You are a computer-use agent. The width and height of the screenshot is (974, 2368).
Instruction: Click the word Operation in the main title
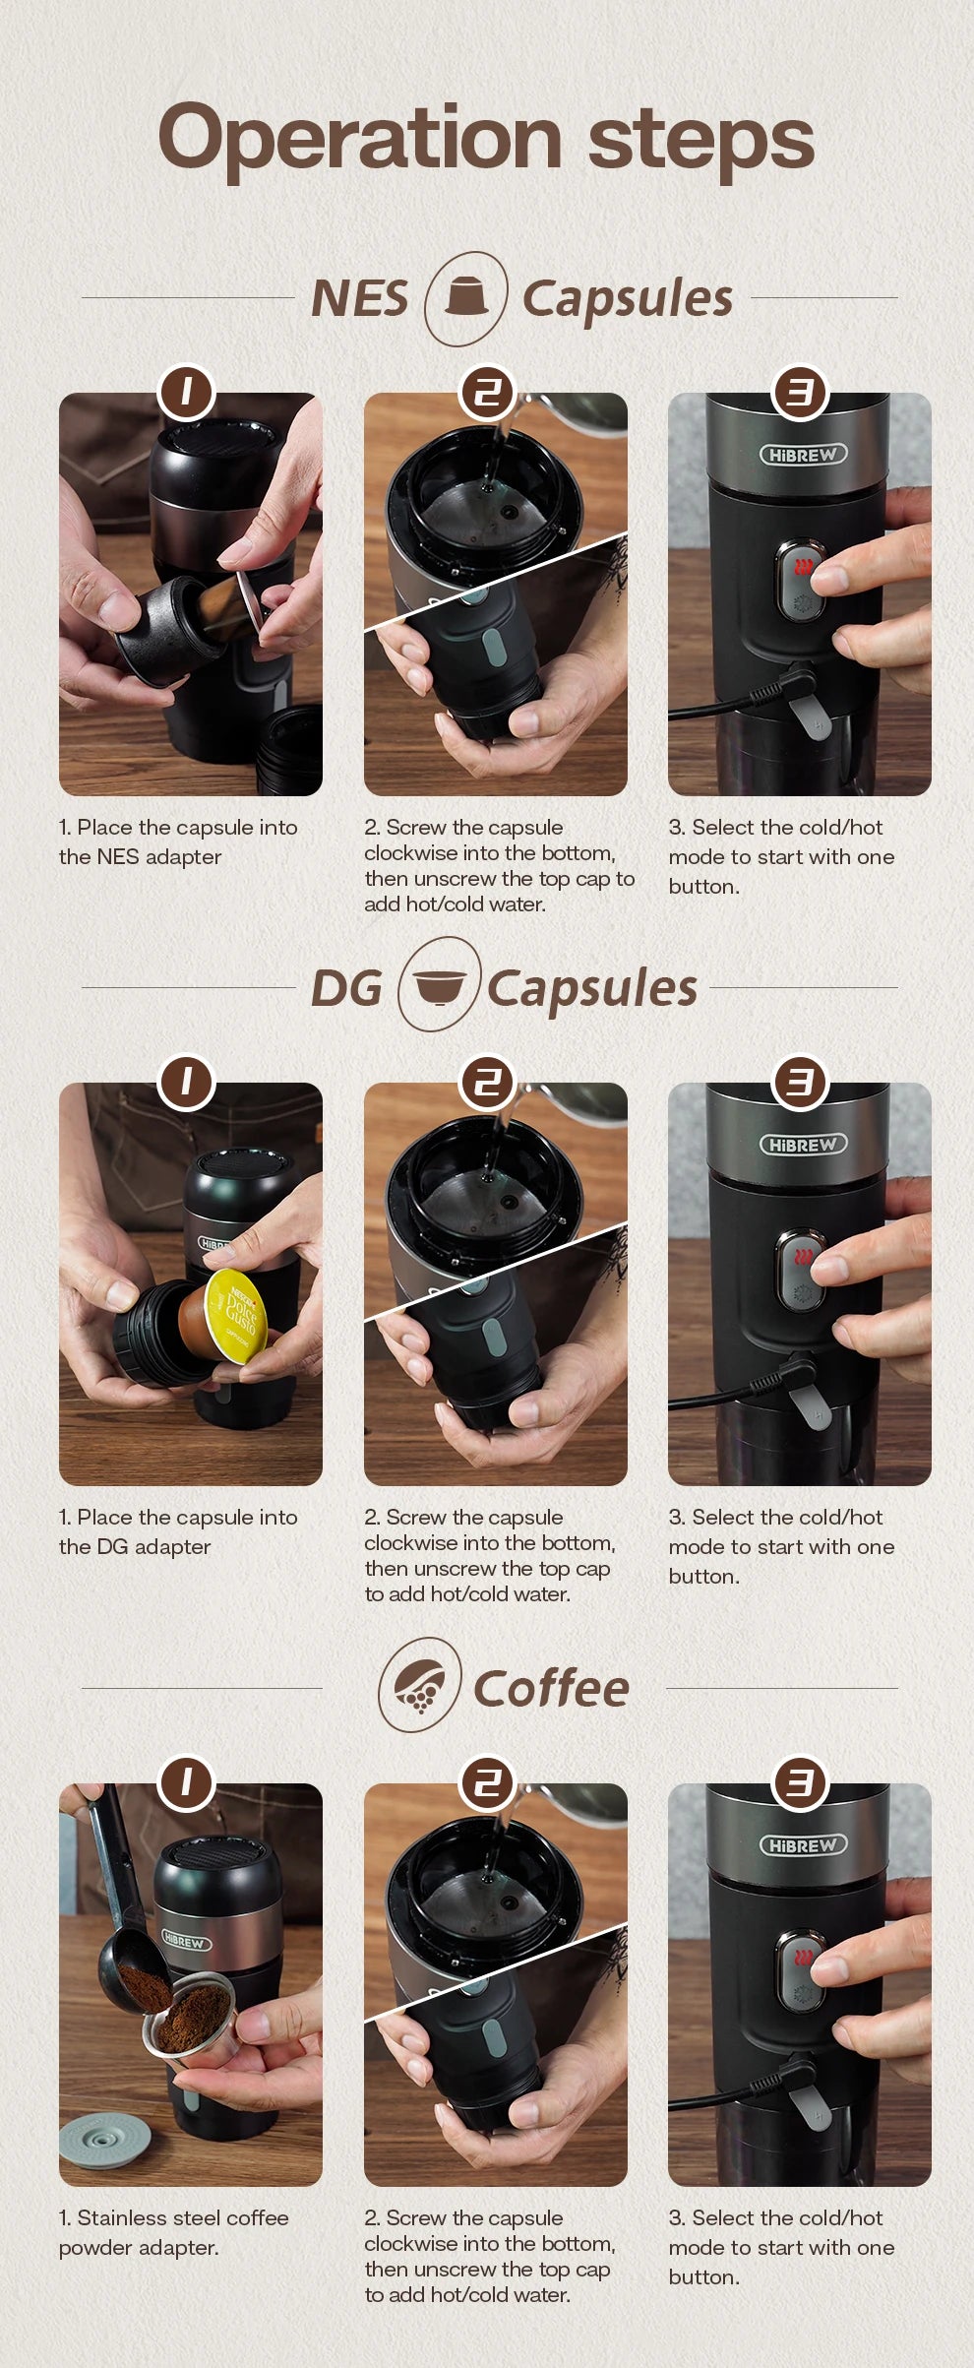point(358,139)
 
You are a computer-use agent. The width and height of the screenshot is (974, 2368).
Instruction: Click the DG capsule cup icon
point(439,985)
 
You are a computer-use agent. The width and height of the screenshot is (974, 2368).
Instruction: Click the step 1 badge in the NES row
point(186,393)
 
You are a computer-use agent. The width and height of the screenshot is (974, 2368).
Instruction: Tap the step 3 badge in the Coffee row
point(800,1783)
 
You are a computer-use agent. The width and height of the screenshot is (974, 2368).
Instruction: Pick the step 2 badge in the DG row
point(488,1083)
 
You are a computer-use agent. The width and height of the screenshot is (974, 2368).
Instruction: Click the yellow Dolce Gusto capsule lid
point(236,1315)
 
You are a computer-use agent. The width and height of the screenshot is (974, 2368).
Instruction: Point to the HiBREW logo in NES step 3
point(803,455)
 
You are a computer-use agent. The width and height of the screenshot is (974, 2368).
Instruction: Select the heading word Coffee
point(551,1689)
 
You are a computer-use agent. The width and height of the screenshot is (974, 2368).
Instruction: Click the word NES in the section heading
point(359,298)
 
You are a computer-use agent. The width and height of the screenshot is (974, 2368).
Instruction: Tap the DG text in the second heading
point(345,988)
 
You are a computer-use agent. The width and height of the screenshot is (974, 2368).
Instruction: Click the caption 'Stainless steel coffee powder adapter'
point(173,2232)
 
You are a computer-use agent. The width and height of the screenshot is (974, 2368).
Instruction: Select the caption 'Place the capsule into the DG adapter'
point(177,1531)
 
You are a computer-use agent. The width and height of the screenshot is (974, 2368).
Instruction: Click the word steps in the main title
point(700,139)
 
